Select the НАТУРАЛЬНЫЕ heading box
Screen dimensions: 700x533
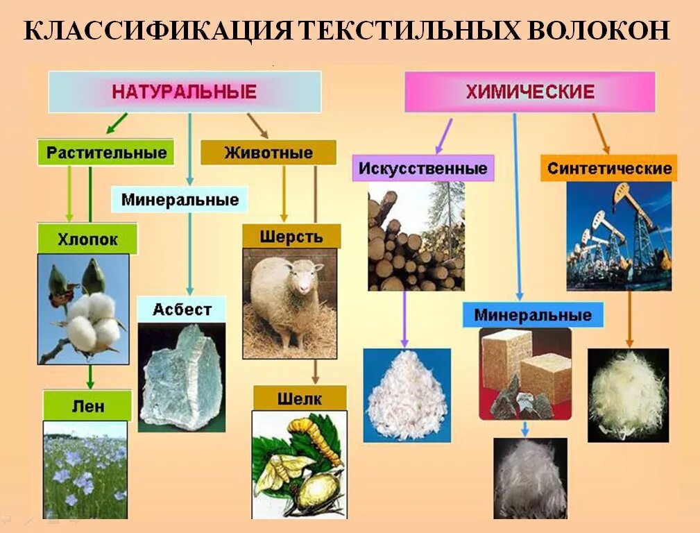(x=185, y=92)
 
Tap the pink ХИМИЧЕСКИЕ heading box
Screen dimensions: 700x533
(x=530, y=92)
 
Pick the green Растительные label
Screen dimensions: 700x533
(x=106, y=153)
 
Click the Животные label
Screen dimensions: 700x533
(x=268, y=153)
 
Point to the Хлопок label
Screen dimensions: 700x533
(x=87, y=240)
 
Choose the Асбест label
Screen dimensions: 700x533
(x=182, y=309)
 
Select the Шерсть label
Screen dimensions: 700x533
(x=291, y=236)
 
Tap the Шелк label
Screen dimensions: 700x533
(x=299, y=398)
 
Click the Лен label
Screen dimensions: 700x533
(x=87, y=405)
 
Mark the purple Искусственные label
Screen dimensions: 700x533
(x=422, y=168)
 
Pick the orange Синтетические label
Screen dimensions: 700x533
(x=608, y=168)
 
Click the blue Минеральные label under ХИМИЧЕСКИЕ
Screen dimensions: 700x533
(x=533, y=315)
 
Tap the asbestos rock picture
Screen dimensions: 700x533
(x=182, y=378)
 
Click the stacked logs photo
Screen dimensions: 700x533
(x=416, y=236)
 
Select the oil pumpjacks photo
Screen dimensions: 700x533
(x=619, y=236)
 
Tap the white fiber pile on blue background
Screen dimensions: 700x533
(x=407, y=396)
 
